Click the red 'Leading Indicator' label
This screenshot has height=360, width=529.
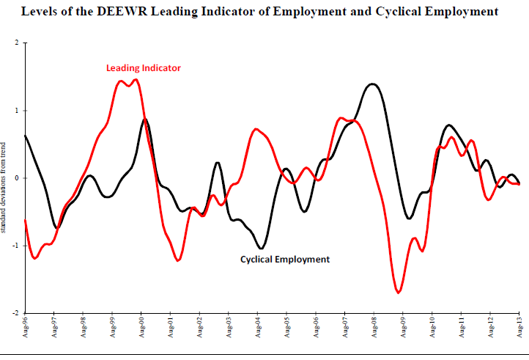(x=144, y=68)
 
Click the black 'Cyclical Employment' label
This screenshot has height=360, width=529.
(x=285, y=260)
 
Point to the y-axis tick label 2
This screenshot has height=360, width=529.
(x=17, y=43)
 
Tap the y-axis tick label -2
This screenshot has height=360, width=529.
(x=15, y=313)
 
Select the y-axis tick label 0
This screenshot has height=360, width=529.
(x=17, y=178)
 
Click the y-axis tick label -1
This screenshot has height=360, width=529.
(x=15, y=246)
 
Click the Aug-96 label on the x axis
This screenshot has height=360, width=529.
(x=26, y=327)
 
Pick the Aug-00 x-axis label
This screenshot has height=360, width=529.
(x=141, y=327)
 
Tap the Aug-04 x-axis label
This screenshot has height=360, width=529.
(x=258, y=327)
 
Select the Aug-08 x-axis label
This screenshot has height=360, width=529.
(x=374, y=327)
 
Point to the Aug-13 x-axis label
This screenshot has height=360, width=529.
(x=520, y=327)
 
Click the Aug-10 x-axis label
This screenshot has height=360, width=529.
(x=432, y=327)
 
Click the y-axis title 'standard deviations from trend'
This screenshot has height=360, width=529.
(x=3, y=188)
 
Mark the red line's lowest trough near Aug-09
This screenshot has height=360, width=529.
(x=399, y=293)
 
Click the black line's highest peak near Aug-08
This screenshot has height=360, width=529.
(x=372, y=84)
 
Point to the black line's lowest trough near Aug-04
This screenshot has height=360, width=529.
(x=262, y=249)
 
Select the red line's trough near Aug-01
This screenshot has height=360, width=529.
(x=178, y=260)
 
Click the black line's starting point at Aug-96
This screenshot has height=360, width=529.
(x=26, y=136)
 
